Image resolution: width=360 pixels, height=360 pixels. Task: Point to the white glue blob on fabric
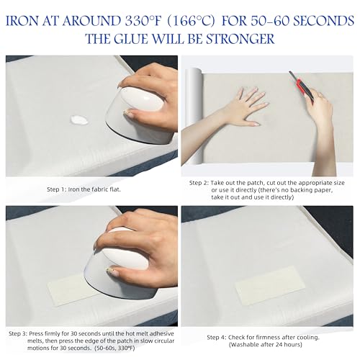click(79, 120)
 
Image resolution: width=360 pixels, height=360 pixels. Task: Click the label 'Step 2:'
click(199, 183)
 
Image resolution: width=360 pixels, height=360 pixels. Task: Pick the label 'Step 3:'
click(19, 333)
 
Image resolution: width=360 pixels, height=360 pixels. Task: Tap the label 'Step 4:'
click(217, 337)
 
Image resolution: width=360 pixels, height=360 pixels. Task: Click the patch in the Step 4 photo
click(270, 285)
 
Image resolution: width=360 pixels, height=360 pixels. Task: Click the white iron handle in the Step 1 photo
click(142, 99)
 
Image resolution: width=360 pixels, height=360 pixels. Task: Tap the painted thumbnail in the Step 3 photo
click(112, 271)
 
